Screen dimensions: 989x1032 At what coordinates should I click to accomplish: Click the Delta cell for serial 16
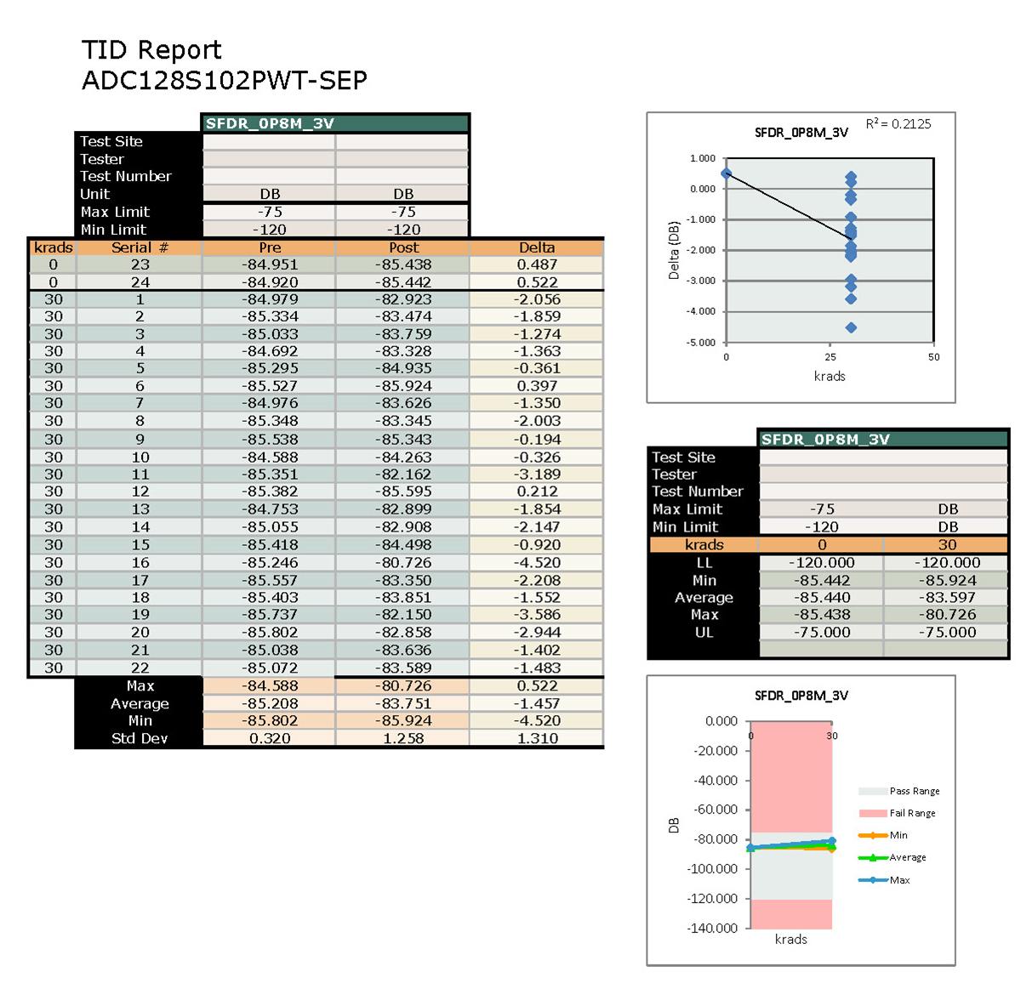pyautogui.click(x=537, y=562)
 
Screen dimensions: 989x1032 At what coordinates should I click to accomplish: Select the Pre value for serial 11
pyautogui.click(x=270, y=475)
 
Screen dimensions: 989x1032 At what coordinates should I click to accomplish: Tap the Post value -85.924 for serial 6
pyautogui.click(x=403, y=386)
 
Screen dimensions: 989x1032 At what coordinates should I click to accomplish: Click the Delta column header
pyautogui.click(x=537, y=247)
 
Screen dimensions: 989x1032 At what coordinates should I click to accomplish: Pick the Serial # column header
pyautogui.click(x=140, y=247)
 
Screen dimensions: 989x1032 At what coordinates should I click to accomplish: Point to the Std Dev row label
pyautogui.click(x=140, y=738)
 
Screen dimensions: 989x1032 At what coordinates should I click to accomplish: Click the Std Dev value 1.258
pyautogui.click(x=403, y=738)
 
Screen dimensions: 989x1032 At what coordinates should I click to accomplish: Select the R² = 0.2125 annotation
pyautogui.click(x=898, y=124)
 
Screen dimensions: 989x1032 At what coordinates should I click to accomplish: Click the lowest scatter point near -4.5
pyautogui.click(x=851, y=327)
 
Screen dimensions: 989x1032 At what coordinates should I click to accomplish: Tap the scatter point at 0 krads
pyautogui.click(x=726, y=173)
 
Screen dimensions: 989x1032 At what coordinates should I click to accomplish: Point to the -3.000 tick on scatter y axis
pyautogui.click(x=702, y=281)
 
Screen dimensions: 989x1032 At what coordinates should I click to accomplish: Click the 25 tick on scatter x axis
pyautogui.click(x=830, y=357)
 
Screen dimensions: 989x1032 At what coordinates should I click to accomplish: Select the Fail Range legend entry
pyautogui.click(x=911, y=813)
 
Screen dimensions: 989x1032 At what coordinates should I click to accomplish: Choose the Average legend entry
pyautogui.click(x=907, y=857)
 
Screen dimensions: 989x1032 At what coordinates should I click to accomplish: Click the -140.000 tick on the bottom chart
pyautogui.click(x=712, y=928)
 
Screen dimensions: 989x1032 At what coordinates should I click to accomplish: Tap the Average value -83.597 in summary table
pyautogui.click(x=947, y=598)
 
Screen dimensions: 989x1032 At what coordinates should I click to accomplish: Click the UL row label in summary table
pyautogui.click(x=704, y=633)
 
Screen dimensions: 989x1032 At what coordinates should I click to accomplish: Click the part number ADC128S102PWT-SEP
pyautogui.click(x=225, y=81)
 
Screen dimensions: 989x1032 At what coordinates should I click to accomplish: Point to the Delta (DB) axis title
pyautogui.click(x=674, y=251)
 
